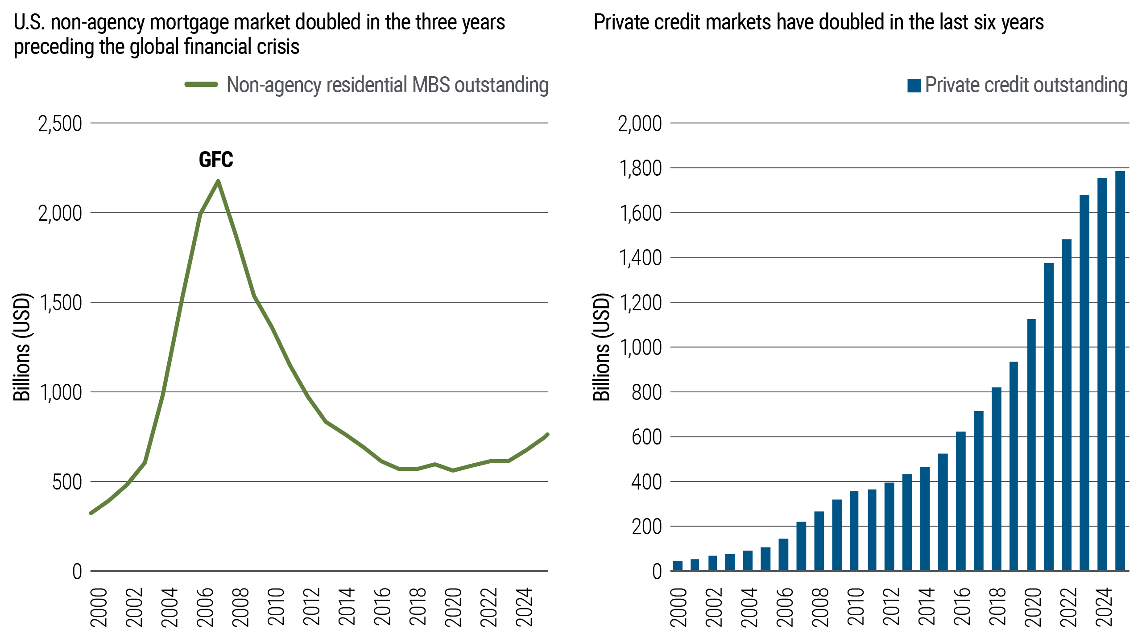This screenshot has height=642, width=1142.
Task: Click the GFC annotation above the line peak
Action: [216, 160]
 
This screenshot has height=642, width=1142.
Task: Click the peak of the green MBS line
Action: [218, 181]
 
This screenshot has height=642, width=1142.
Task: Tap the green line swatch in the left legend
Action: [201, 85]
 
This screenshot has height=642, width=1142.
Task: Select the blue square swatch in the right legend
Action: [914, 86]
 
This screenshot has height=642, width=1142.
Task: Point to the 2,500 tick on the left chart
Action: [60, 123]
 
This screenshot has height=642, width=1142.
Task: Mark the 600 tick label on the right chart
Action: [646, 437]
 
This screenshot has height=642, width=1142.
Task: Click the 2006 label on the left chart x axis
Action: [205, 607]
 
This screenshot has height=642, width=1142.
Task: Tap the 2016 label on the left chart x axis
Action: [382, 607]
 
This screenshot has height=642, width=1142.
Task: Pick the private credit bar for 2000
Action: [677, 566]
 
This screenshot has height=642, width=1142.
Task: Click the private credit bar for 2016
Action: [960, 501]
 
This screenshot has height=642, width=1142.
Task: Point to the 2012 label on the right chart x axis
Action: [891, 607]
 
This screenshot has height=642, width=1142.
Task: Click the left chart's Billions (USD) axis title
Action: [21, 347]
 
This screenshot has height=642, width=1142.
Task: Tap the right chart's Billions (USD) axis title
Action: [601, 347]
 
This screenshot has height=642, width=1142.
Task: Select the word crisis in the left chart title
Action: [280, 46]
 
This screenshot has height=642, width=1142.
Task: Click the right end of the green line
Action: [547, 435]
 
